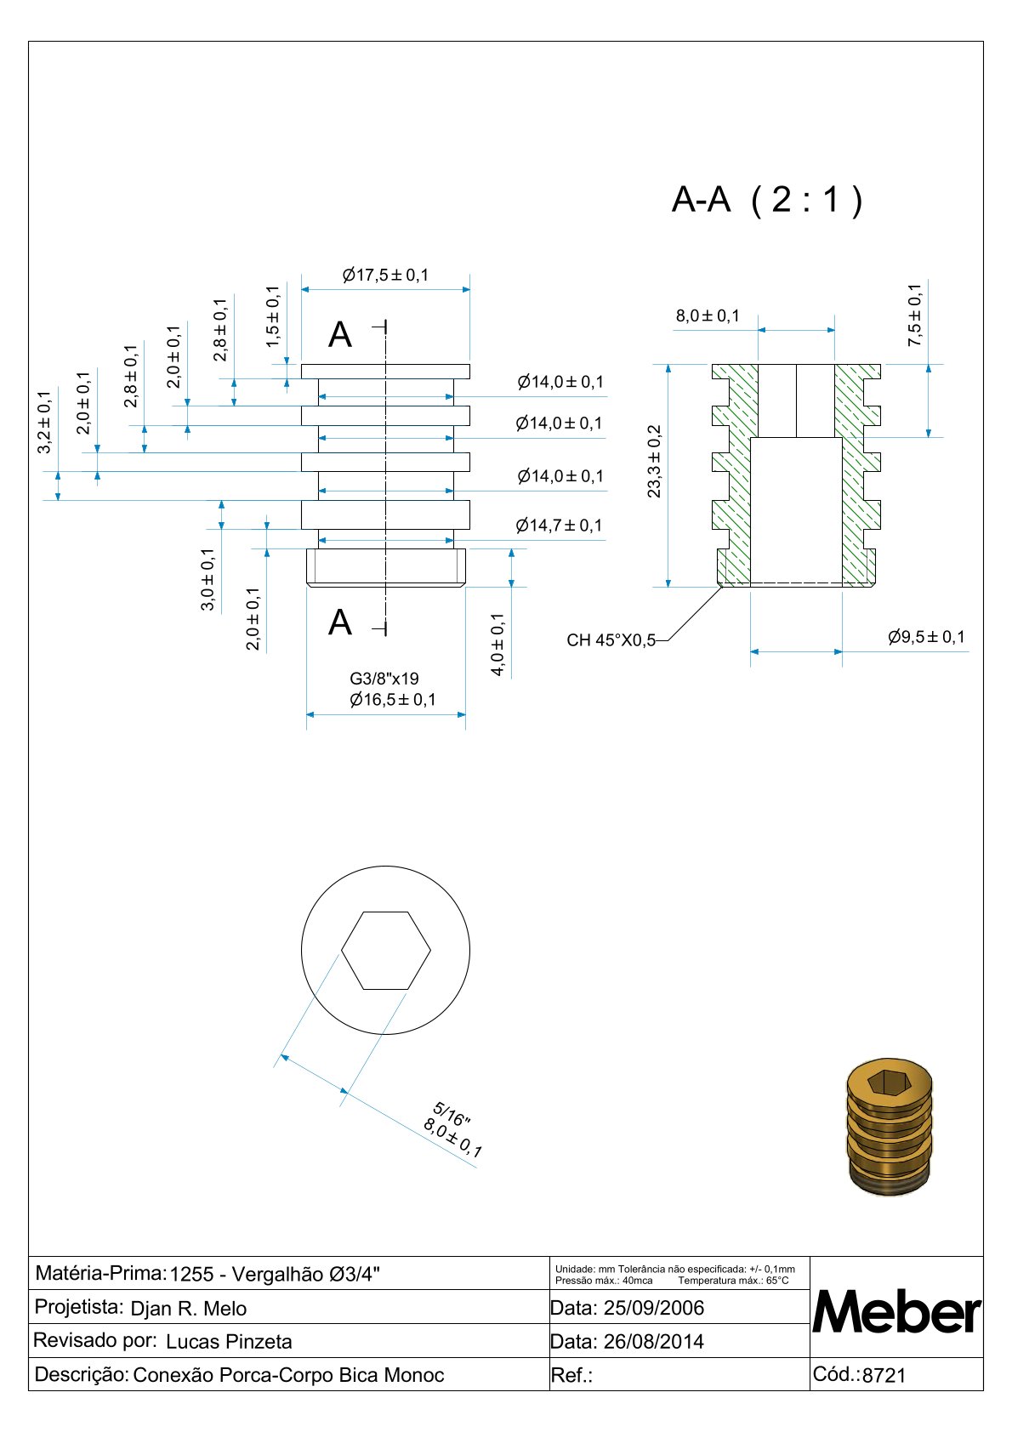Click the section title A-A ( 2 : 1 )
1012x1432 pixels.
pyautogui.click(x=766, y=200)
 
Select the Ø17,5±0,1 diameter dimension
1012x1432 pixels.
pyautogui.click(x=385, y=276)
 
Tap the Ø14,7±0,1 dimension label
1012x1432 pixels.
pyautogui.click(x=559, y=526)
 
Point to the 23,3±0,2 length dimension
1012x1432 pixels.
pyautogui.click(x=654, y=461)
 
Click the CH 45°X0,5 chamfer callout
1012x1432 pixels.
pyautogui.click(x=611, y=640)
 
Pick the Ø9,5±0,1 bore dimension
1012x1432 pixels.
pyautogui.click(x=926, y=637)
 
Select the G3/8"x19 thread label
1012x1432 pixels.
pyautogui.click(x=384, y=679)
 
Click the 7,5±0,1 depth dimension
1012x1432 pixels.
pyautogui.click(x=915, y=315)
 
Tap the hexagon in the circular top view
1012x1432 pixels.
pyautogui.click(x=386, y=951)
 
